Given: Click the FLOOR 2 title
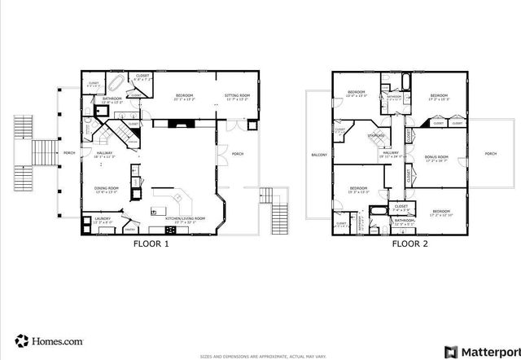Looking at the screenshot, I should pos(409,244).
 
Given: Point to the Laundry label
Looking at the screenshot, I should pos(103,218).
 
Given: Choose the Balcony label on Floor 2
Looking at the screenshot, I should pos(319,155).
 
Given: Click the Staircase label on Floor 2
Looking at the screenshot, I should pos(376,136).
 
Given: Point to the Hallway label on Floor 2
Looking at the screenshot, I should pos(391,152).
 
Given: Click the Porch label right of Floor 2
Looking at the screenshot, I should pos(490,153).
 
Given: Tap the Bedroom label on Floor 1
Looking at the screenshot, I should pos(184,96).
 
